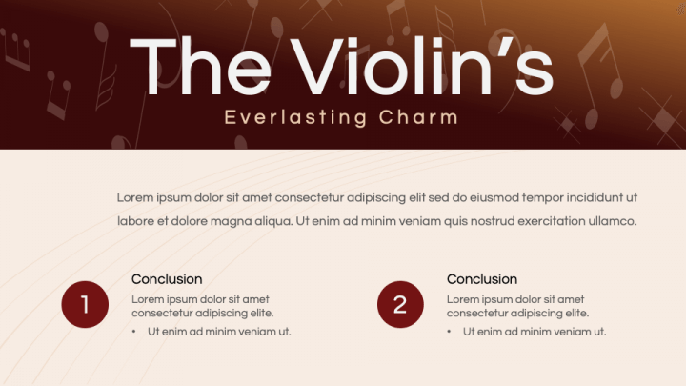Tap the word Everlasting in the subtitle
point(282,118)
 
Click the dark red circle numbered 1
point(85,304)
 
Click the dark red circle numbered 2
point(400,304)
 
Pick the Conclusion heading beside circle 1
point(167,279)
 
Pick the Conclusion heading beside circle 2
point(482,279)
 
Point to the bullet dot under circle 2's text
point(449,332)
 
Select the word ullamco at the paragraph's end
point(610,221)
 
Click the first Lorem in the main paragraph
point(134,197)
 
